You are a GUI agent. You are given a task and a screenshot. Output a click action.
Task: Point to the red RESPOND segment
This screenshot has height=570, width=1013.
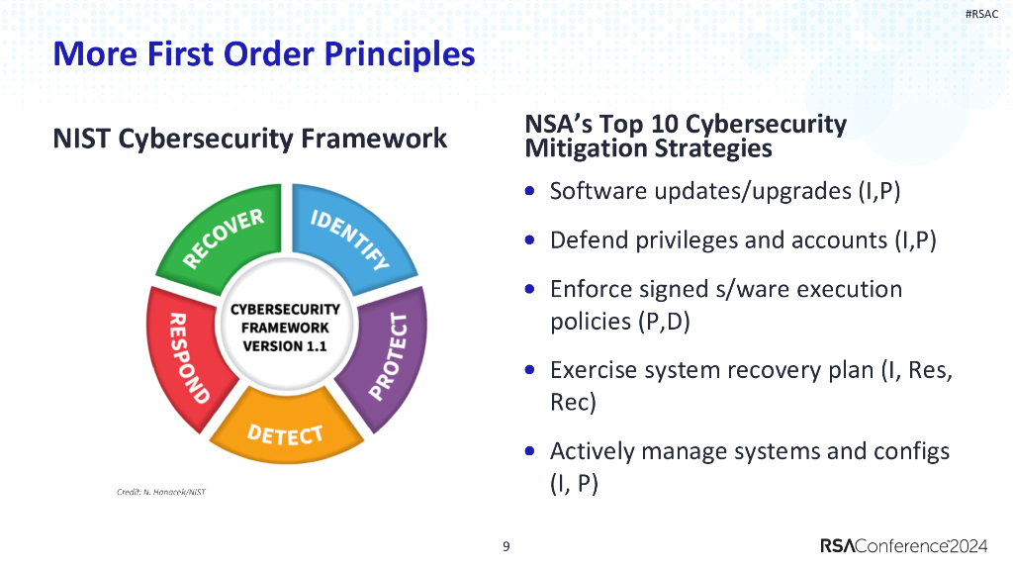tap(184, 356)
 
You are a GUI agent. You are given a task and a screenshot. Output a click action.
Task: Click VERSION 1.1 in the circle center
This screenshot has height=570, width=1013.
tap(285, 346)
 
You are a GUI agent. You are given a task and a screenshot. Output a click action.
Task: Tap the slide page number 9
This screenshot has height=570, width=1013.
tap(506, 546)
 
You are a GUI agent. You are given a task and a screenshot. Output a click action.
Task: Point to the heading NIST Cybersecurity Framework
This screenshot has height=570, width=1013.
tap(249, 139)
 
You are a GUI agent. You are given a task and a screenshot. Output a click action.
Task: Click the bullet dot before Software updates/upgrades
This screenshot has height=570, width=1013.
tap(531, 191)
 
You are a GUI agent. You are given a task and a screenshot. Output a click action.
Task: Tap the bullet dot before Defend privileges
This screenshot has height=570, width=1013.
tap(531, 240)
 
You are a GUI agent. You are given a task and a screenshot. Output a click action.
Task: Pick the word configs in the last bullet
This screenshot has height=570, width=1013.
tap(911, 451)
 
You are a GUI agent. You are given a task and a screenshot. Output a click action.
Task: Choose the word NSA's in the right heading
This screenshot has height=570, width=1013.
tap(560, 125)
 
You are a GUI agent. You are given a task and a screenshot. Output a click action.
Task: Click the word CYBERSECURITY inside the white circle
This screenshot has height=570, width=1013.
tap(285, 309)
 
